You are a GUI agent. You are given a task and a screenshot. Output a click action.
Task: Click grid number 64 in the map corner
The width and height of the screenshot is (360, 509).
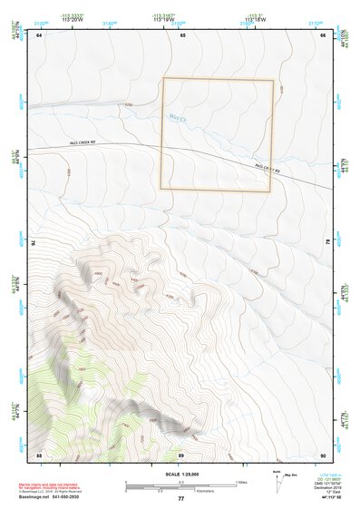click(39, 34)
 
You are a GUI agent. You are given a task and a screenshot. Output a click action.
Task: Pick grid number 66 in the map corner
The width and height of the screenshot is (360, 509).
click(324, 34)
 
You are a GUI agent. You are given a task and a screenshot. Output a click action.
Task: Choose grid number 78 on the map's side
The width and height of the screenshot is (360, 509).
click(327, 243)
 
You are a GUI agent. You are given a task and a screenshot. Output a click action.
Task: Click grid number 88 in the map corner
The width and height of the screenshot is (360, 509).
click(39, 454)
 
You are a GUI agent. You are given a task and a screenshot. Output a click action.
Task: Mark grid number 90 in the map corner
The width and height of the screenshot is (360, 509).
click(324, 454)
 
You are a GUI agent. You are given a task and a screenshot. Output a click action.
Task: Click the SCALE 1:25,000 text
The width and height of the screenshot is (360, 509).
click(180, 475)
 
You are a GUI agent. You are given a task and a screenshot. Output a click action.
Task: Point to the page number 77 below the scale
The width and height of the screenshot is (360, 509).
click(180, 498)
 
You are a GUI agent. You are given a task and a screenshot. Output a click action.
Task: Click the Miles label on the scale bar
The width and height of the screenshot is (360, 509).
click(241, 481)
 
